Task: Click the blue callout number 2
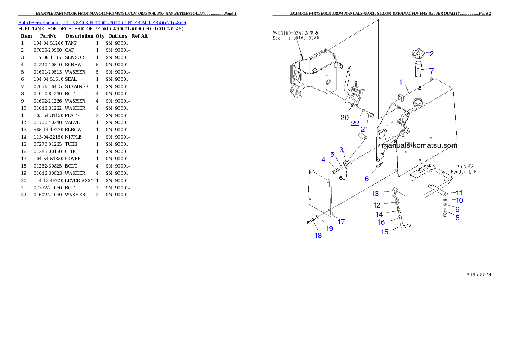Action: [x=432, y=54]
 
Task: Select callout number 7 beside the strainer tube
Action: [x=432, y=71]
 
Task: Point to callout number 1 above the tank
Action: [x=401, y=81]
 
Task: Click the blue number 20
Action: [x=344, y=118]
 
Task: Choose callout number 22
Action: [x=355, y=123]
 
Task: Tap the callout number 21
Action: [x=364, y=129]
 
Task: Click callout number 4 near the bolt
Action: [x=323, y=160]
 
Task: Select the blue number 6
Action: [x=367, y=179]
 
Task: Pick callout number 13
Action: [x=375, y=193]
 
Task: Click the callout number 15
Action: [x=385, y=232]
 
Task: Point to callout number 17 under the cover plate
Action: [x=341, y=222]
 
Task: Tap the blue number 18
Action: [x=318, y=235]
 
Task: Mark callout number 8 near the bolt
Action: [x=457, y=218]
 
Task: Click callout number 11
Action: [x=459, y=192]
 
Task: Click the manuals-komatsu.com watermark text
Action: [x=419, y=145]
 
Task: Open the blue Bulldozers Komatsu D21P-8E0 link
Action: [x=102, y=22]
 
